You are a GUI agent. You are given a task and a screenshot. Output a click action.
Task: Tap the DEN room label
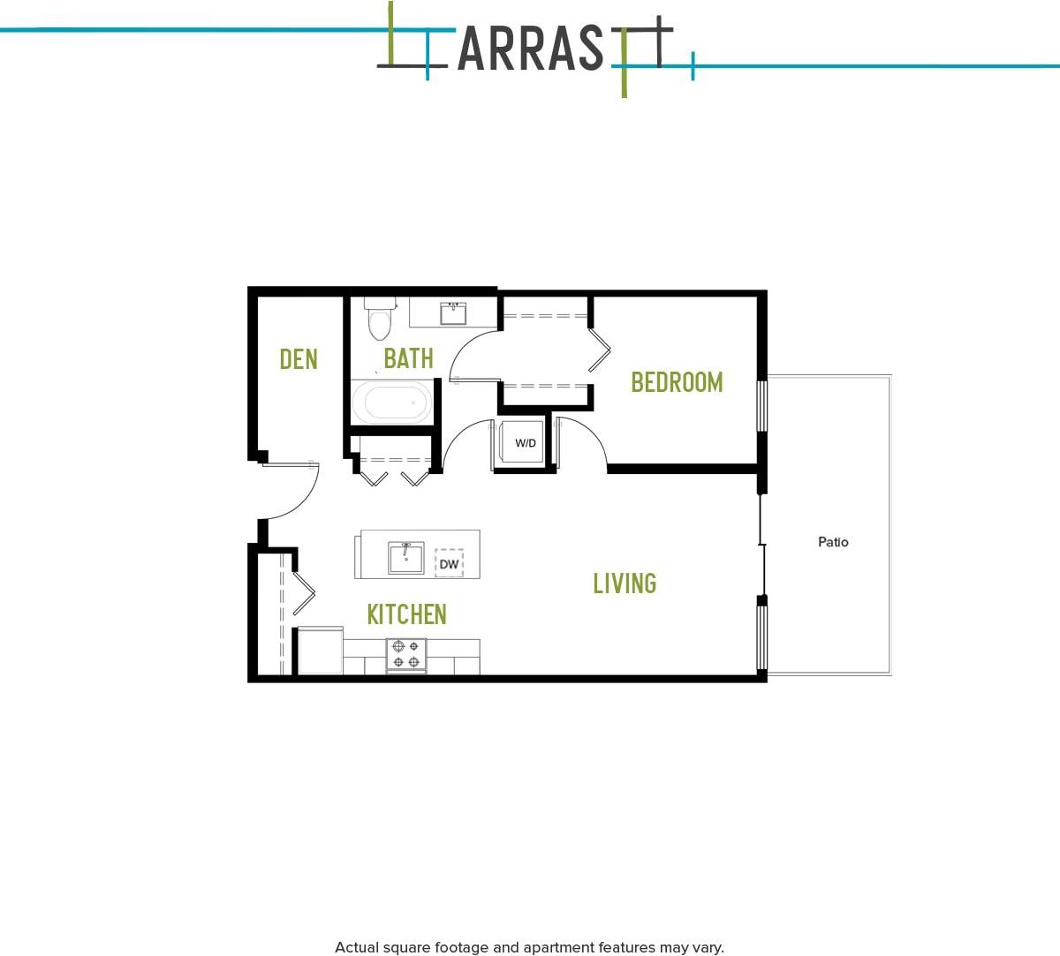click(299, 359)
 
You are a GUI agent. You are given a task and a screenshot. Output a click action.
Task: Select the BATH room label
click(408, 358)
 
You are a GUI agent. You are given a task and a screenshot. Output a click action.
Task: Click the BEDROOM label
click(677, 382)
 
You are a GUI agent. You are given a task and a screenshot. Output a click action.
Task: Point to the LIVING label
click(625, 583)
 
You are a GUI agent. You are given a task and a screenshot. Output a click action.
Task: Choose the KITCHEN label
click(406, 614)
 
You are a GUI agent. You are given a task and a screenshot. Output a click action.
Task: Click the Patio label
click(833, 542)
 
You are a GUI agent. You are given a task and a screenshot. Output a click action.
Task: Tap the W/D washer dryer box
click(525, 443)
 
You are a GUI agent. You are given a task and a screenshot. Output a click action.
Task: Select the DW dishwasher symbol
click(449, 563)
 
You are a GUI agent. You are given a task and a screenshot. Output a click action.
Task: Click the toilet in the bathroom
click(380, 319)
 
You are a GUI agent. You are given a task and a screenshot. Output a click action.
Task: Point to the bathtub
click(392, 403)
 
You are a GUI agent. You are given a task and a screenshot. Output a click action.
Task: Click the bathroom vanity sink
click(454, 312)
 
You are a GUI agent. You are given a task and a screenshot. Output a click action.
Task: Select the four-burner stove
click(406, 654)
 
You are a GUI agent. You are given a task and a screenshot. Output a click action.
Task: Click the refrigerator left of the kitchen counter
click(320, 651)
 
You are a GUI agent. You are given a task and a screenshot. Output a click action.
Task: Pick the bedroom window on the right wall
click(762, 405)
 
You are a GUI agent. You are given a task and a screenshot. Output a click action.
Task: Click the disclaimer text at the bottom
click(529, 947)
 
